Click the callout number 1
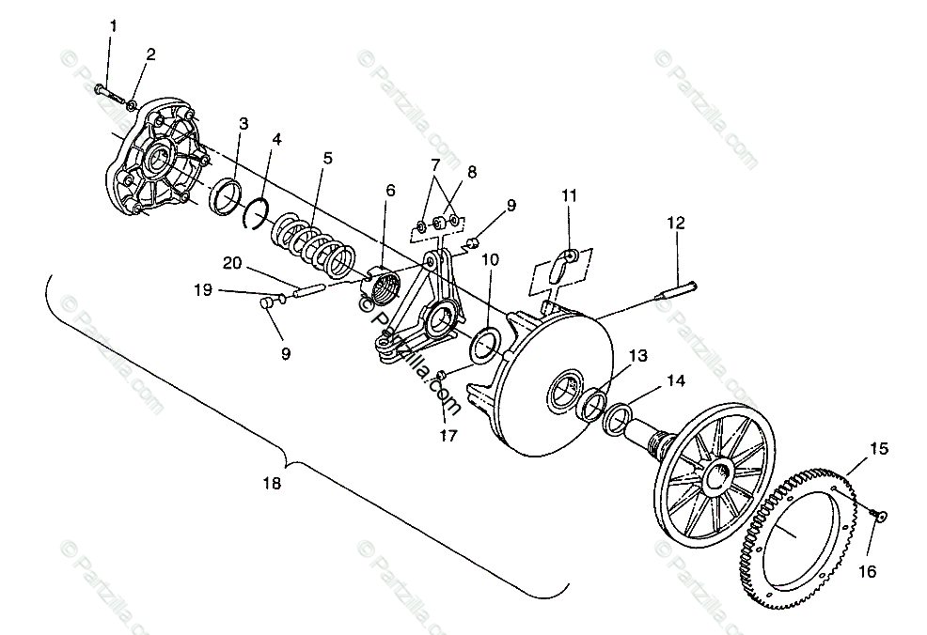114,26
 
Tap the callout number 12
677,224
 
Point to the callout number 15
878,449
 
